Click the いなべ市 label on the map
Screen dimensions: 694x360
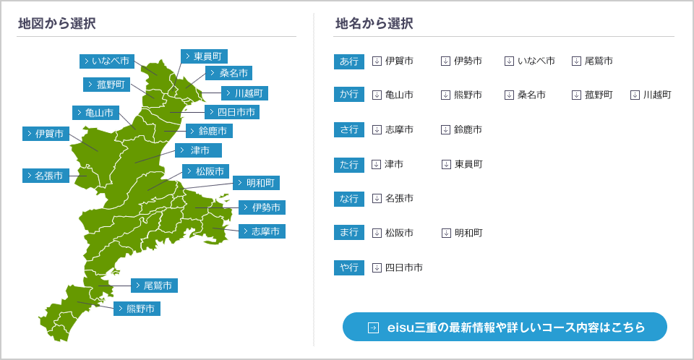pyautogui.click(x=107, y=61)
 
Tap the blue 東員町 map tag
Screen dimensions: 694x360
pyautogui.click(x=204, y=56)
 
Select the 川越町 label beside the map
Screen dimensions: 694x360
pyautogui.click(x=245, y=93)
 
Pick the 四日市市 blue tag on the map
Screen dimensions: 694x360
pyautogui.click(x=232, y=112)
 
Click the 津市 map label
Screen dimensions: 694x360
pyautogui.click(x=198, y=150)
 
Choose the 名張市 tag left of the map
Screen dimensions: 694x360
pyautogui.click(x=46, y=176)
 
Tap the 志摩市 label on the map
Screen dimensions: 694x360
pyautogui.click(x=262, y=231)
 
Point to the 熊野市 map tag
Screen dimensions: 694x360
pyautogui.click(x=137, y=309)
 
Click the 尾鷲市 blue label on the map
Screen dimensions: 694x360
pyautogui.click(x=155, y=286)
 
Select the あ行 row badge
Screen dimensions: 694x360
pyautogui.click(x=349, y=61)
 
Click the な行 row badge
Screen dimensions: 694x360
pyautogui.click(x=349, y=199)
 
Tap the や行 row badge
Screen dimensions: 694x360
pyautogui.click(x=349, y=267)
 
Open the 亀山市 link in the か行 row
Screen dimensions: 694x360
pyautogui.click(x=393, y=95)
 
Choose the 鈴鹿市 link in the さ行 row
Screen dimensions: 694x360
pyautogui.click(x=462, y=129)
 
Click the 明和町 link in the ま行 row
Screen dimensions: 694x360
pyautogui.click(x=462, y=233)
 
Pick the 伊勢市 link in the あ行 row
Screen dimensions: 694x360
pyautogui.click(x=462, y=61)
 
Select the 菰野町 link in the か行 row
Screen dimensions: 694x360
pyautogui.click(x=592, y=95)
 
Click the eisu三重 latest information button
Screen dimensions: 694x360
pyautogui.click(x=505, y=327)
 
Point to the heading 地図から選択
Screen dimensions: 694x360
pyautogui.click(x=57, y=23)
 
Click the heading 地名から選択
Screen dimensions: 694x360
pyautogui.click(x=374, y=23)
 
